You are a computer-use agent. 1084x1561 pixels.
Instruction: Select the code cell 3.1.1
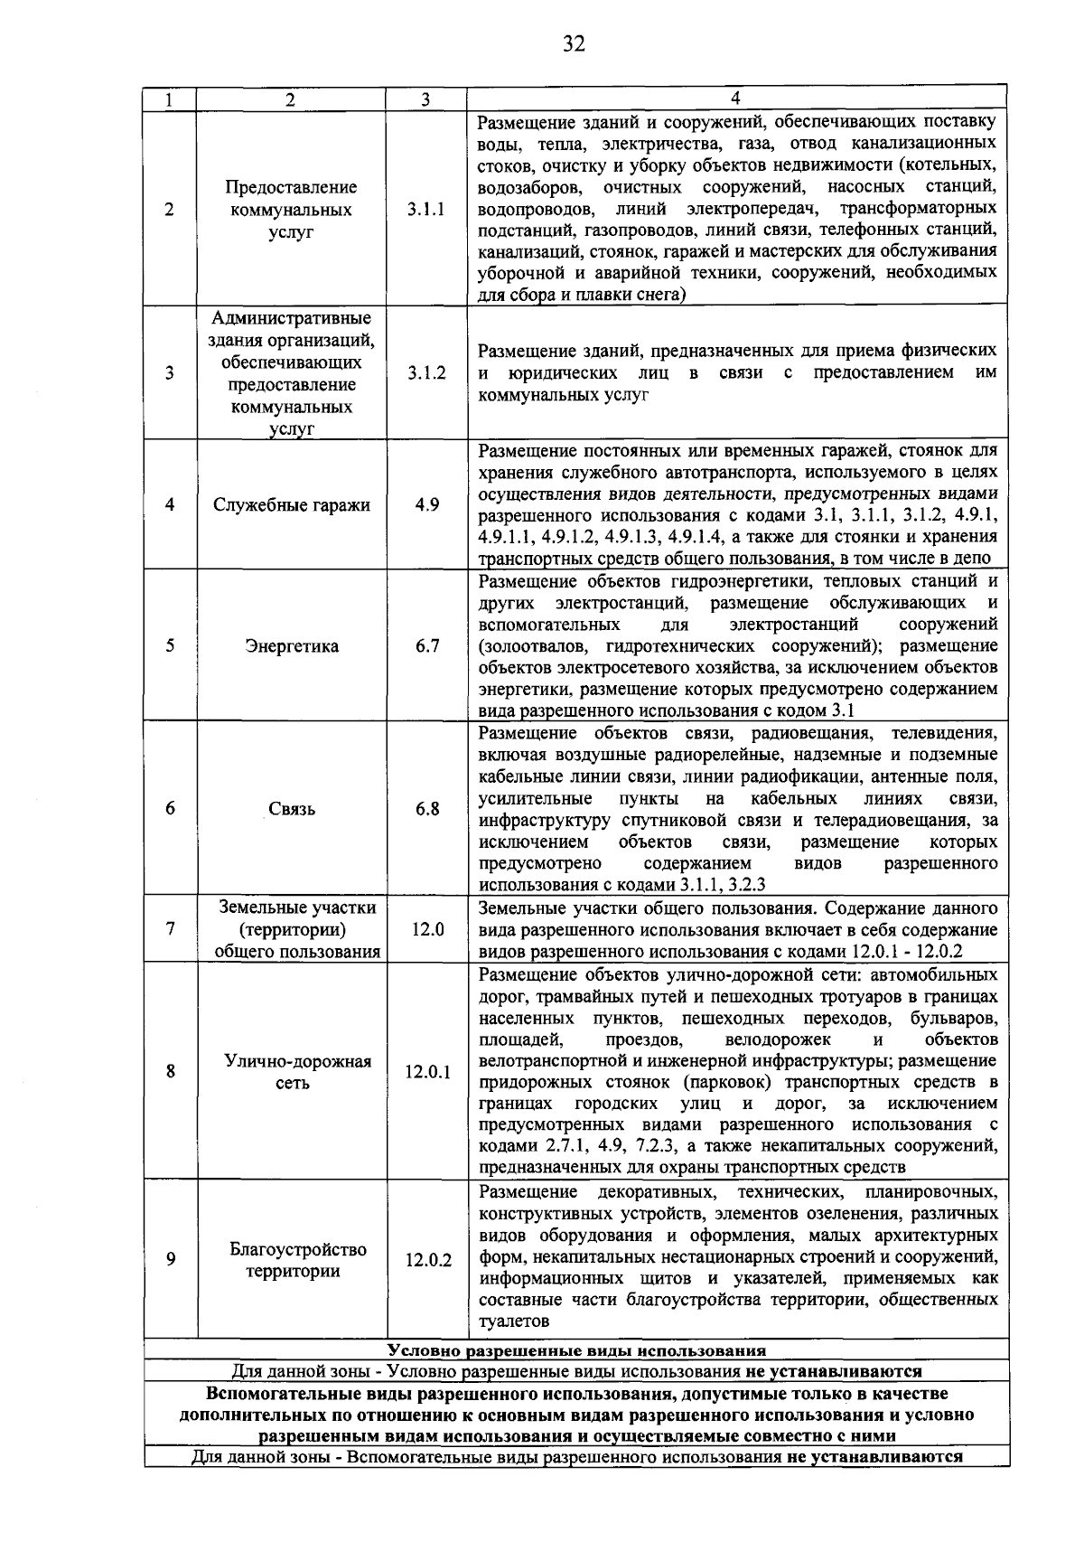426,210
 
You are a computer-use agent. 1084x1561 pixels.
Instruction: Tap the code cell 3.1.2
426,372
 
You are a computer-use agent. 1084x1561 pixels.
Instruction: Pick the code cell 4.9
426,504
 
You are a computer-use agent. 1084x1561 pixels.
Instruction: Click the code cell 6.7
426,645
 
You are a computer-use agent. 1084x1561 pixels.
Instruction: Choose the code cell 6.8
426,809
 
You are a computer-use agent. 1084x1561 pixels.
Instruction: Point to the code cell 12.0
426,929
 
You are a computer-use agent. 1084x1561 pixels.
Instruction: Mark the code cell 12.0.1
426,1072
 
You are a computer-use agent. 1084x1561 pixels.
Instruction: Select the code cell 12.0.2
426,1260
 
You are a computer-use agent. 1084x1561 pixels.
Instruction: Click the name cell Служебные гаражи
291,504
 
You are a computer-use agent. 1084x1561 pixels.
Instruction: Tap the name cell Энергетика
291,645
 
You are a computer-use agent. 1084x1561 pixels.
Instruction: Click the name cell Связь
291,809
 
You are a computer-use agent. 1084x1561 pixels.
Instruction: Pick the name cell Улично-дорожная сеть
291,1072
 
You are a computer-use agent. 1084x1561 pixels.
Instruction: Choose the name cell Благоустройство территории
291,1260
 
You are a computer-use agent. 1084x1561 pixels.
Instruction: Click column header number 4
735,98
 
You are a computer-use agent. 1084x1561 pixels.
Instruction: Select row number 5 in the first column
170,645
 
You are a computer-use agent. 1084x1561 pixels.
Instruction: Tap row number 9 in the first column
170,1260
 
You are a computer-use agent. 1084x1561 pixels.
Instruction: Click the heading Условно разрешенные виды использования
576,1351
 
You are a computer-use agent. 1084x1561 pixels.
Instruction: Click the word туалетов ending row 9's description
513,1321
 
